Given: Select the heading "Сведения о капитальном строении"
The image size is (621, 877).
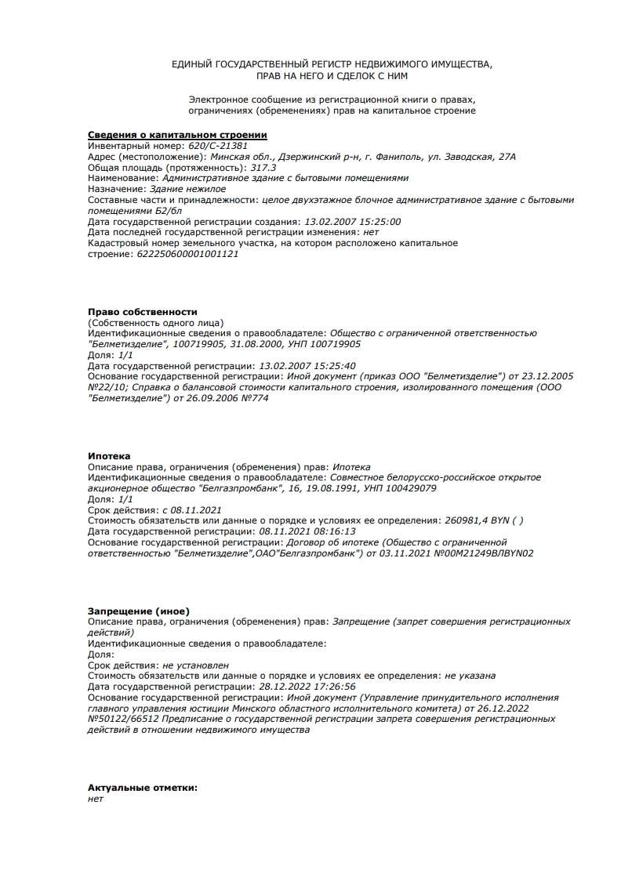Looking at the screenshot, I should coord(177,135).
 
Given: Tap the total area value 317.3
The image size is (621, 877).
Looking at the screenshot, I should coord(263,168).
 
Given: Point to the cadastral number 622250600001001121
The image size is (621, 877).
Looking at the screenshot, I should coord(187,254).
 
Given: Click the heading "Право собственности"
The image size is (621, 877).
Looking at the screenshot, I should coord(143,312).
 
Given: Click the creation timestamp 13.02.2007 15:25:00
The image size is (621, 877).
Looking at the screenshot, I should coord(352,222).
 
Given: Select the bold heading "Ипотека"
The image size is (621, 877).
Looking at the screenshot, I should coord(109,456).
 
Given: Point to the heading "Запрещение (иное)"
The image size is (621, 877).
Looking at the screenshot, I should coord(139,611).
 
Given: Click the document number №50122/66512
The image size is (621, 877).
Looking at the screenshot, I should coord(123,719).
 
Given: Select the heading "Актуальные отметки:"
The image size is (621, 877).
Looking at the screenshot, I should coord(143,788).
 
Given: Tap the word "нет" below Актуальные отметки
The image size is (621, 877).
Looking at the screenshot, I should coord(96,799).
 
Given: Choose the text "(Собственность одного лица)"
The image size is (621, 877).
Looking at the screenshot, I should coord(156,323).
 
